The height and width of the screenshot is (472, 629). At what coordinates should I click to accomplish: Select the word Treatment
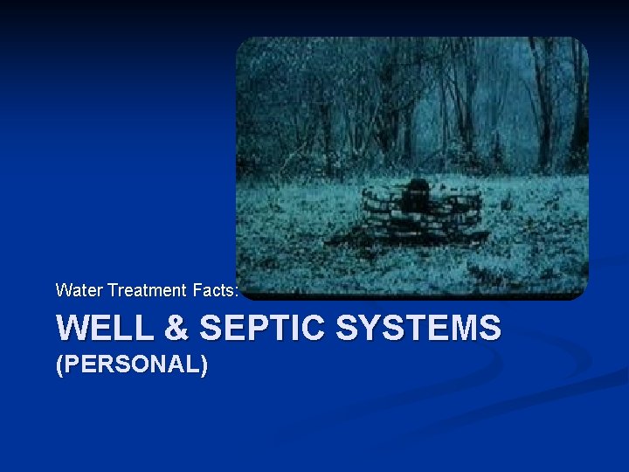coord(147,289)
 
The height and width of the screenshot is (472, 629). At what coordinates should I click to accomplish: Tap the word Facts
coord(213,289)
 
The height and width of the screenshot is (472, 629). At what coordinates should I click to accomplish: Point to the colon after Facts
coord(236,290)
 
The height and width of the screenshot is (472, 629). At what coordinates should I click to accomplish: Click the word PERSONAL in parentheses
coord(132,364)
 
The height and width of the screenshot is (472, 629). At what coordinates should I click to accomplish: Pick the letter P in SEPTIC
coord(246,329)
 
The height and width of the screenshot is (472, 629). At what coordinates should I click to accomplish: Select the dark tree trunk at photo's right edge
coord(577,105)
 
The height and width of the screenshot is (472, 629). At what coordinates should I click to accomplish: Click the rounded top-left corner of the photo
coord(245,44)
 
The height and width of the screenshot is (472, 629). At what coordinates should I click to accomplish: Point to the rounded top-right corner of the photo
coord(580,44)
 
